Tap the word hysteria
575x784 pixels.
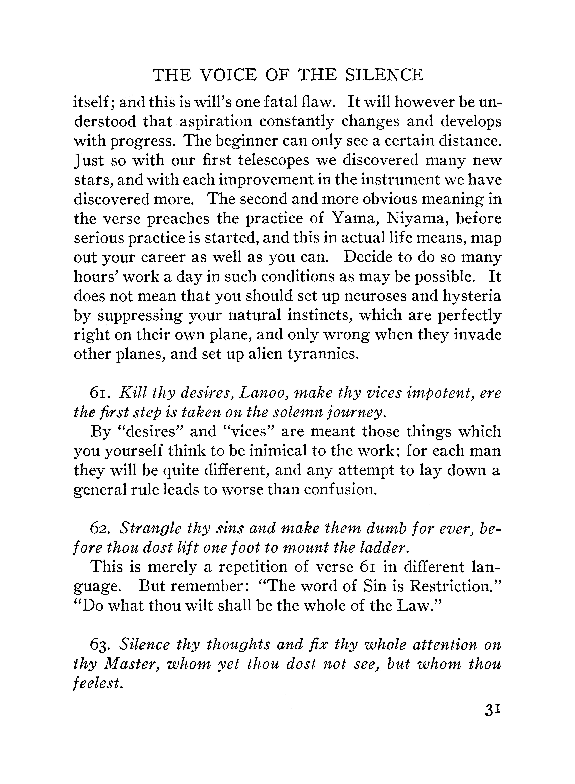click(x=472, y=296)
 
